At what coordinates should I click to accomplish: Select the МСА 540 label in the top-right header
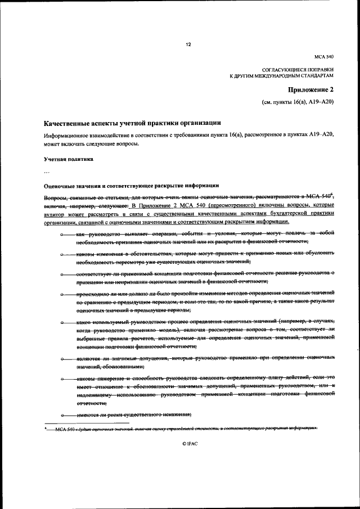tap(325, 57)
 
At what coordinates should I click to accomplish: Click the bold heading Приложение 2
tap(312, 89)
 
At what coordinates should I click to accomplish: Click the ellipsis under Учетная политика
tap(47, 172)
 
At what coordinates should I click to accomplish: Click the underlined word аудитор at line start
tap(55, 214)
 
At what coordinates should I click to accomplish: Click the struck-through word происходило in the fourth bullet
tap(94, 294)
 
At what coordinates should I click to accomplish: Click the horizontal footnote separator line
tap(87, 422)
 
